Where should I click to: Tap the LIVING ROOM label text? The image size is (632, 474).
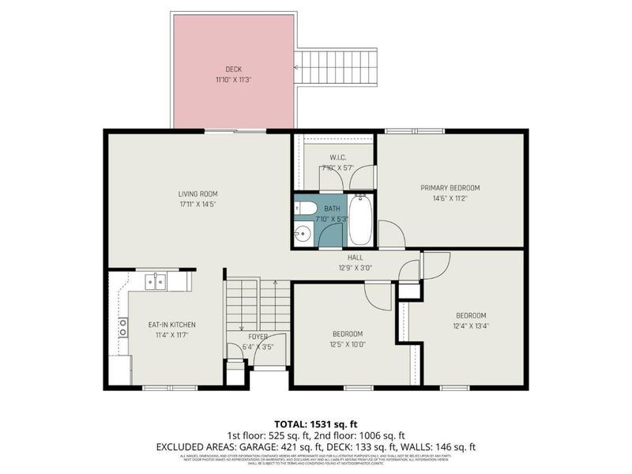[x=197, y=194]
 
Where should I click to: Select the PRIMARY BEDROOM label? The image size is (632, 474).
[x=450, y=187]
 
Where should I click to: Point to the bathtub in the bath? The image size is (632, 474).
[x=360, y=221]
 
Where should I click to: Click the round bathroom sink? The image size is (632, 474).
[x=303, y=234]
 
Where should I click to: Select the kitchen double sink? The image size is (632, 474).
[x=156, y=280]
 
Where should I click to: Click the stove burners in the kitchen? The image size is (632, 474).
[x=123, y=327]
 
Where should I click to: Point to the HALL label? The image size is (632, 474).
[x=354, y=258]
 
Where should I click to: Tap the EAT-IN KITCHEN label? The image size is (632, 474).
[x=171, y=325]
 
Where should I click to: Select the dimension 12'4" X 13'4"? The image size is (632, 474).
[x=470, y=326]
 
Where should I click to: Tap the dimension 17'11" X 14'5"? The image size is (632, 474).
[x=197, y=204]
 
